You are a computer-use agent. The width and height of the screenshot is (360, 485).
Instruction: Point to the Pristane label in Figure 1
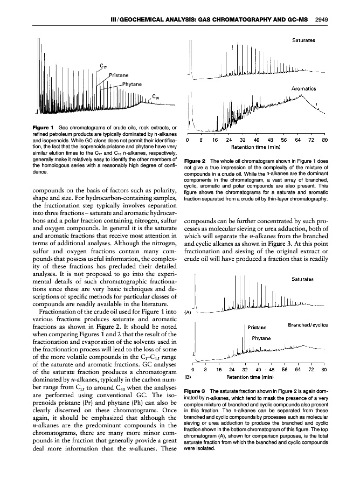pyautogui.click(x=118, y=75)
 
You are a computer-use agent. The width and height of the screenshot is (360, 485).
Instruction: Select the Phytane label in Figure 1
pyautogui.click(x=132, y=84)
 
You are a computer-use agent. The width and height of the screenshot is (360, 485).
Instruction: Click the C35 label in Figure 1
pyautogui.click(x=155, y=97)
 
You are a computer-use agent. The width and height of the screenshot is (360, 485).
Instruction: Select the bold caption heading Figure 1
pyautogui.click(x=32, y=127)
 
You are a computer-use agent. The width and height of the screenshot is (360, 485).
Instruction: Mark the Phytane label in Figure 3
pyautogui.click(x=261, y=338)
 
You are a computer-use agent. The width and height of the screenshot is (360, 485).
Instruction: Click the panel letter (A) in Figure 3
pyautogui.click(x=188, y=311)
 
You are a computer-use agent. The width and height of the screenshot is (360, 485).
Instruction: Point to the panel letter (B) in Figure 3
pyautogui.click(x=188, y=377)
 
